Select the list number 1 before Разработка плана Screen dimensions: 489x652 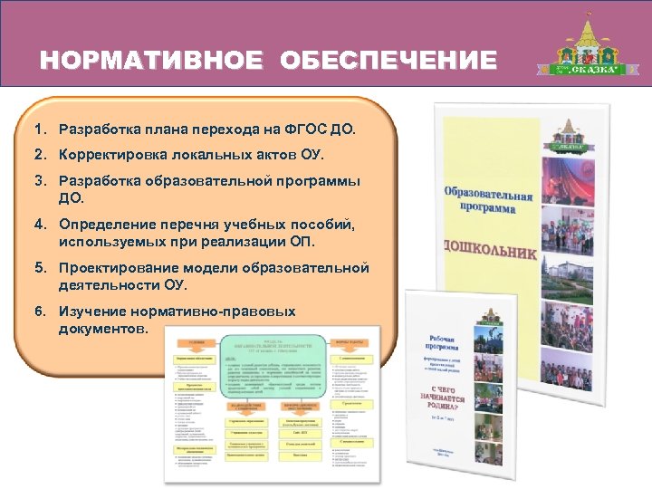pos(41,130)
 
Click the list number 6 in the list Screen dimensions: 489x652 pos(41,311)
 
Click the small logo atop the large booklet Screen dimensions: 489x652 pos(494,136)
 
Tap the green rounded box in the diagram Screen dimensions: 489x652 pos(274,366)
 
